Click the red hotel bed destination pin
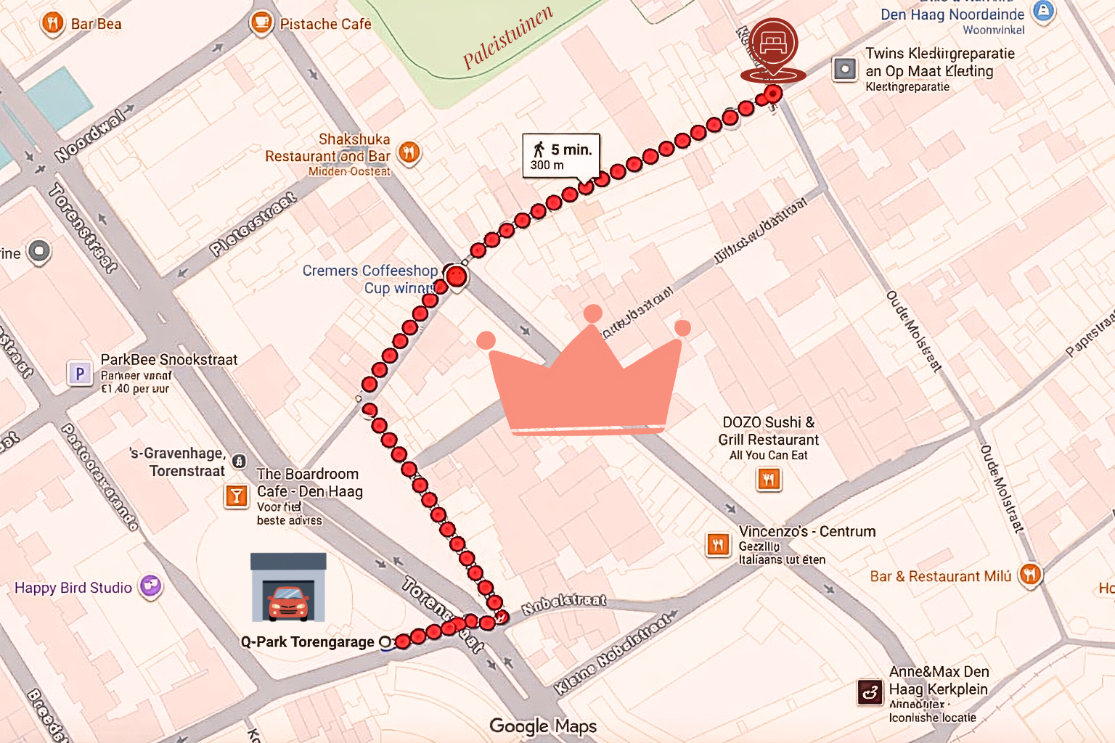coord(774,45)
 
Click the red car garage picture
coord(288,588)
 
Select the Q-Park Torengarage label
coord(308,642)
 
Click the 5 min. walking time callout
coord(561,155)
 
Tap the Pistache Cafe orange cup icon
coord(261,22)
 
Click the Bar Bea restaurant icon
coord(52,23)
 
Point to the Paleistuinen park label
coord(507,37)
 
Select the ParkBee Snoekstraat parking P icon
coord(80,374)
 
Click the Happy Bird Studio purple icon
coord(150,586)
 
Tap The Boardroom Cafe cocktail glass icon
coord(236,496)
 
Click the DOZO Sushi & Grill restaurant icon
coord(769,479)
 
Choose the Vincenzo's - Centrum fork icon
coord(717,544)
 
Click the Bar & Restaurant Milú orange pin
coord(1030,575)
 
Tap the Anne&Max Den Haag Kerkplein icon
coord(870,692)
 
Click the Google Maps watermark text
coord(543,726)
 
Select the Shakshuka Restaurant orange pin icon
coord(409,152)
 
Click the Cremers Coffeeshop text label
coord(369,271)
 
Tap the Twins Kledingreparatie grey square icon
coord(844,70)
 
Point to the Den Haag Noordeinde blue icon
coord(1043,12)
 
